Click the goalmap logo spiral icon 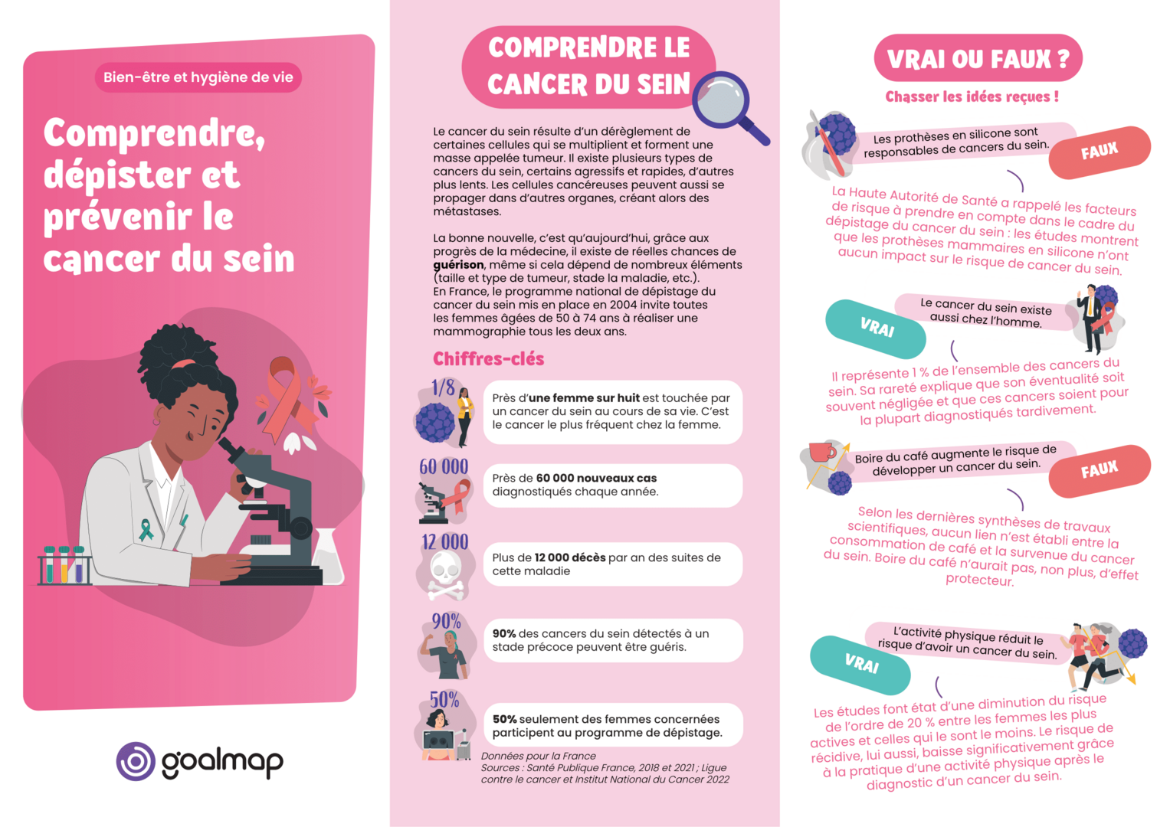pyautogui.click(x=136, y=761)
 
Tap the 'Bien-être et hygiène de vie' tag pyautogui.click(x=198, y=77)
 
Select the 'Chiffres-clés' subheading pyautogui.click(x=488, y=359)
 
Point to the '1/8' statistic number pyautogui.click(x=442, y=387)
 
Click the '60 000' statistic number pyautogui.click(x=443, y=466)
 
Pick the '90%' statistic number pyautogui.click(x=445, y=621)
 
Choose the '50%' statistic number pyautogui.click(x=444, y=700)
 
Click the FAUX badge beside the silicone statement pyautogui.click(x=1099, y=151)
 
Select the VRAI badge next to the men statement pyautogui.click(x=876, y=329)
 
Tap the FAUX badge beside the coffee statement pyautogui.click(x=1099, y=469)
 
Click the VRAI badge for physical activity pyautogui.click(x=860, y=663)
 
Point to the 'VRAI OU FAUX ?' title pyautogui.click(x=977, y=58)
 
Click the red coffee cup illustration pyautogui.click(x=821, y=451)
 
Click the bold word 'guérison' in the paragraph pyautogui.click(x=458, y=265)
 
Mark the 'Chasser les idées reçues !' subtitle pyautogui.click(x=972, y=97)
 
